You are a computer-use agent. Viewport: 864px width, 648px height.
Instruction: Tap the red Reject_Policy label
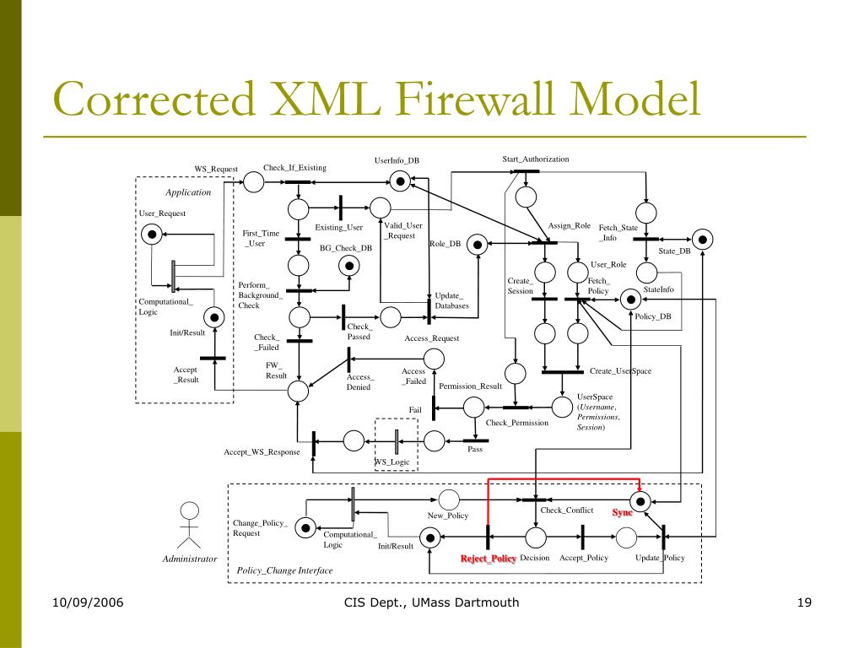click(488, 559)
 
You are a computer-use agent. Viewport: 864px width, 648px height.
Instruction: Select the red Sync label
click(623, 513)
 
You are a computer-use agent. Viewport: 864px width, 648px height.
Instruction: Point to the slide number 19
click(803, 602)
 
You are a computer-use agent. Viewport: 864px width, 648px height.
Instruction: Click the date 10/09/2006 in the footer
click(87, 602)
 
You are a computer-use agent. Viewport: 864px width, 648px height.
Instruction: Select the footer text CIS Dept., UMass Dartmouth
click(432, 602)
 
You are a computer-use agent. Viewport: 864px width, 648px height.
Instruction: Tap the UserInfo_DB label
click(397, 160)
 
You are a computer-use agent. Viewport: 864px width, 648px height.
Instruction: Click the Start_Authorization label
click(536, 159)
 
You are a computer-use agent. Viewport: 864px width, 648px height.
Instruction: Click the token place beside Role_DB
click(477, 245)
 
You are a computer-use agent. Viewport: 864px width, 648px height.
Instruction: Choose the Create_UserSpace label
click(620, 371)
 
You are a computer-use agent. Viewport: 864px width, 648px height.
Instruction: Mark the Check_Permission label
click(517, 422)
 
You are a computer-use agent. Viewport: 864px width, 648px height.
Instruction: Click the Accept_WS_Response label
click(262, 452)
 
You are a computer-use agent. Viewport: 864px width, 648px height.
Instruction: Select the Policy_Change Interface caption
click(284, 570)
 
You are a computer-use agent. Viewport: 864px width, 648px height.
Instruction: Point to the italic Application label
click(188, 192)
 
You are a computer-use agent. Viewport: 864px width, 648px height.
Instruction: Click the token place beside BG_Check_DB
click(347, 266)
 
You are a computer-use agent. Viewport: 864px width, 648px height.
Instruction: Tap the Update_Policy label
click(660, 559)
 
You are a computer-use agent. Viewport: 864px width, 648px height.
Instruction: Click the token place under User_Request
click(152, 234)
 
